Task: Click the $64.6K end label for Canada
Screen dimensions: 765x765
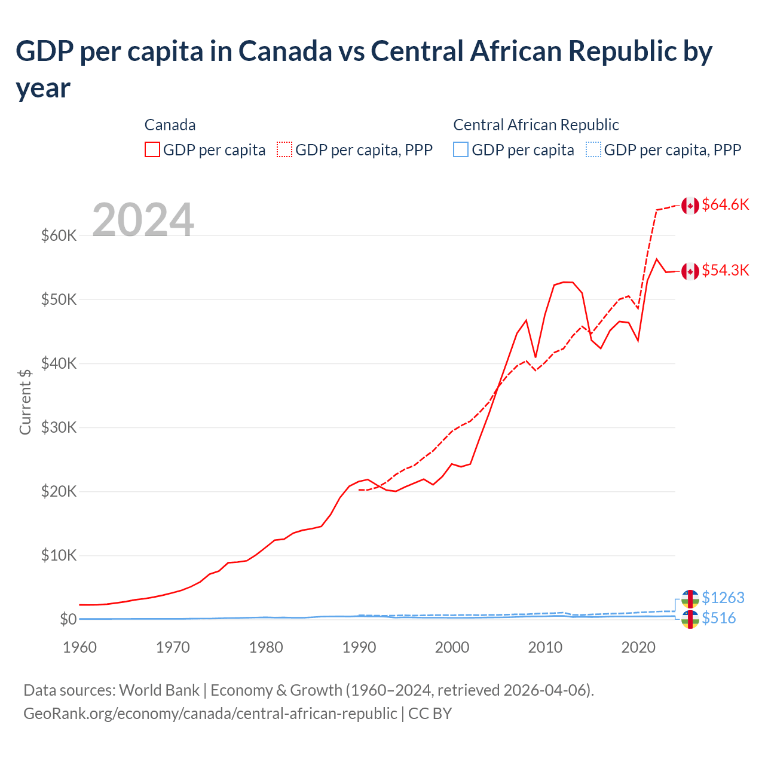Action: tap(725, 205)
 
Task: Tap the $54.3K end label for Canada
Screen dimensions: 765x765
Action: tap(725, 271)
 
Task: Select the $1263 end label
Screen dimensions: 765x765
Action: tap(723, 598)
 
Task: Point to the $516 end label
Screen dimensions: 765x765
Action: tap(718, 618)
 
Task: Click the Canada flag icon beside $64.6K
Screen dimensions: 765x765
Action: tap(690, 206)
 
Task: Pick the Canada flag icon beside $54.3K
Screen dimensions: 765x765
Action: tap(690, 271)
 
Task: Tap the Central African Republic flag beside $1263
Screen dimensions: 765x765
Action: tap(690, 598)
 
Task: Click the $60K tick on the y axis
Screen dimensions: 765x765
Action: tap(59, 235)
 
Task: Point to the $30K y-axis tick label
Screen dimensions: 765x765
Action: tap(59, 427)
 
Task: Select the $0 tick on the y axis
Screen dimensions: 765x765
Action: tap(68, 619)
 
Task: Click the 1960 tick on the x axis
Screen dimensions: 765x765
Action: tap(80, 647)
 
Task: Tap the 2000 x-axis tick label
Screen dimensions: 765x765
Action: tap(452, 647)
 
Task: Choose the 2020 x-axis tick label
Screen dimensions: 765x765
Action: tap(638, 647)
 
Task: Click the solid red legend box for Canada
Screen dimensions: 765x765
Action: tap(152, 149)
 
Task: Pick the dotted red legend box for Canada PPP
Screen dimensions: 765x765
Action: tap(284, 149)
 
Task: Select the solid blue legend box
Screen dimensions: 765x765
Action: tap(461, 149)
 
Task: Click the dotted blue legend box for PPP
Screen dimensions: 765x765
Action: tap(593, 149)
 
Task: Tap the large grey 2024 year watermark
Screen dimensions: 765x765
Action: tap(143, 220)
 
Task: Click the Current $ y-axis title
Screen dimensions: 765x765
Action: tap(25, 402)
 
